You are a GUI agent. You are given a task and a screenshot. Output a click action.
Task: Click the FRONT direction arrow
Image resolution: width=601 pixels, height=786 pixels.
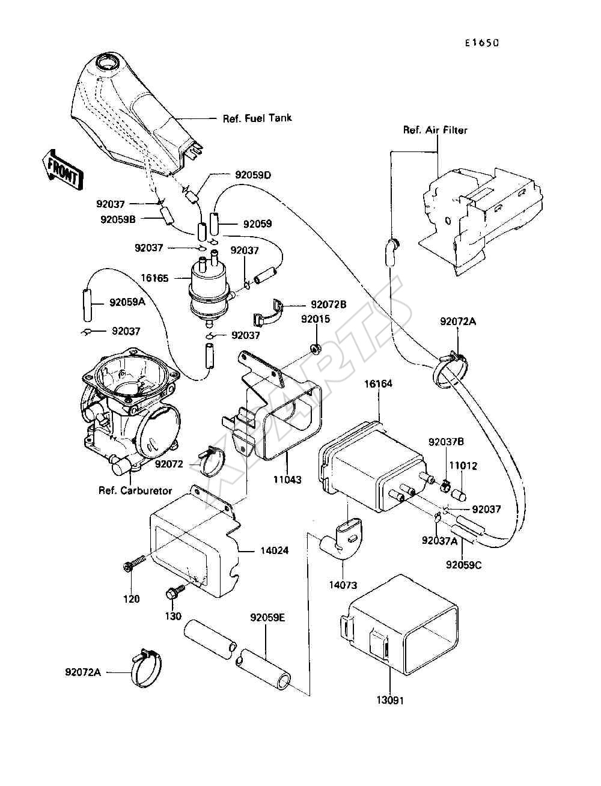[x=63, y=169]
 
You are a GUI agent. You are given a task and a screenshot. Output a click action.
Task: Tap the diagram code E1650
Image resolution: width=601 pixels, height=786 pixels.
[x=482, y=43]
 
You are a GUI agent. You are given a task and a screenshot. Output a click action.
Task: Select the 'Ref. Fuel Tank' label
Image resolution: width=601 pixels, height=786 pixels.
[x=257, y=118]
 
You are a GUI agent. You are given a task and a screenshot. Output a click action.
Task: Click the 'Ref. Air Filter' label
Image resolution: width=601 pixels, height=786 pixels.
[x=435, y=130]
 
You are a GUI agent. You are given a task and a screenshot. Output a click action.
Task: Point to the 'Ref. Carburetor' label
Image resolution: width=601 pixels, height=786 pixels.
[x=135, y=490]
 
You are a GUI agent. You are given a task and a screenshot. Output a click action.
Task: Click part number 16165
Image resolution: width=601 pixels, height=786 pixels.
[x=154, y=278]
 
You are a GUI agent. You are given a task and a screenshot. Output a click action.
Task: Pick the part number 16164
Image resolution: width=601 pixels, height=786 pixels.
[x=378, y=384]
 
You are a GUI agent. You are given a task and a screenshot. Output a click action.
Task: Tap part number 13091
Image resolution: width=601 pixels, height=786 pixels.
[x=390, y=701]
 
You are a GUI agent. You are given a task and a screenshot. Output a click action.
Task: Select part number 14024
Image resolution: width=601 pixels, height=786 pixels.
[x=274, y=550]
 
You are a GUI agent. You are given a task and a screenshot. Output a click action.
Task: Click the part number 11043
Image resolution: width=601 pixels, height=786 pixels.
[x=288, y=480]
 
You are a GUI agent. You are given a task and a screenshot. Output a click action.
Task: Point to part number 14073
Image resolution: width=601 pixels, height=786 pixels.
[x=343, y=585]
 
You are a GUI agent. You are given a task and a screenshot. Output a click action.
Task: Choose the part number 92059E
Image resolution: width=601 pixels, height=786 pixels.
[x=267, y=617]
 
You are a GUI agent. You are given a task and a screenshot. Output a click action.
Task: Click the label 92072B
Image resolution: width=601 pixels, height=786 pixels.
[x=328, y=305]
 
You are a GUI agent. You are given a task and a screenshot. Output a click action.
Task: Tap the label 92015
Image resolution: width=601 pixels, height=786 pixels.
[x=316, y=319]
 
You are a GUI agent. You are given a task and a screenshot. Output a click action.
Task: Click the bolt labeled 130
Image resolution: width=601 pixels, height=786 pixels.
[x=175, y=591]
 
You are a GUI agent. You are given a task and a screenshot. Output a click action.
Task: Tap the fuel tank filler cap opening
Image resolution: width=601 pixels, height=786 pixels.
[x=108, y=64]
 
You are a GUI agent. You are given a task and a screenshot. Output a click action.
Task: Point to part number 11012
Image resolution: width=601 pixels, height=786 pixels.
[x=463, y=466]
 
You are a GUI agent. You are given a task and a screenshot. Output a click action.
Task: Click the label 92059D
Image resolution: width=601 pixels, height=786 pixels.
[x=253, y=175]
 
